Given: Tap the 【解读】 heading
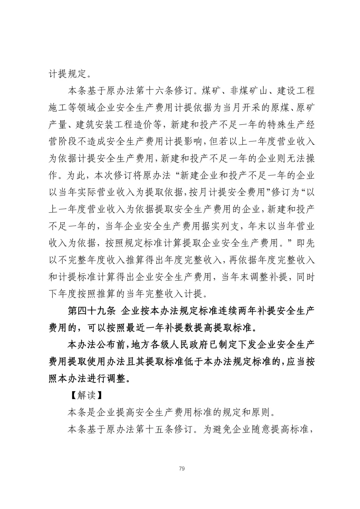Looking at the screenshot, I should pyautogui.click(x=86, y=395).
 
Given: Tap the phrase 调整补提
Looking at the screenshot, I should pyautogui.click(x=268, y=277).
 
